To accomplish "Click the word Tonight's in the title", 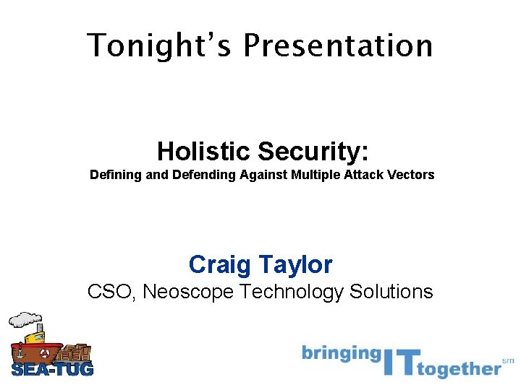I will (x=160, y=45).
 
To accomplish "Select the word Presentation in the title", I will (x=338, y=45).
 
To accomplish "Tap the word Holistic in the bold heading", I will (x=203, y=151).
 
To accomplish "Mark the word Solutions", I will (x=391, y=292).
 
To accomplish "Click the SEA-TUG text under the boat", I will (x=52, y=370).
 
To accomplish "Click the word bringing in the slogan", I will (x=341, y=353).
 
